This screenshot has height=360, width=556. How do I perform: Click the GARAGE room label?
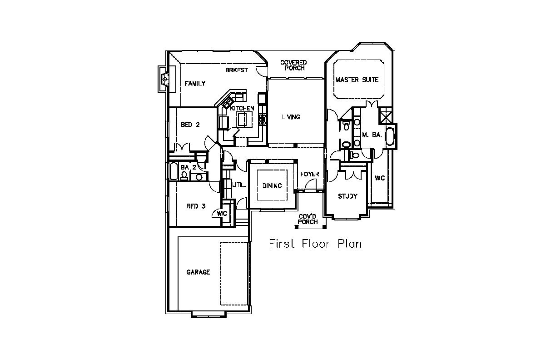[198, 272]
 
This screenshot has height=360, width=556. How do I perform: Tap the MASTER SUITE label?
[357, 80]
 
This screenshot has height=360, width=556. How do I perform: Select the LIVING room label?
[291, 117]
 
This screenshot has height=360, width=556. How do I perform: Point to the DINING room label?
[272, 186]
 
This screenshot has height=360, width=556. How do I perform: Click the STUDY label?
[347, 196]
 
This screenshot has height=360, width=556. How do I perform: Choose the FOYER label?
[309, 175]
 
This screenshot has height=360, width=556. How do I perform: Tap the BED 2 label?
[190, 125]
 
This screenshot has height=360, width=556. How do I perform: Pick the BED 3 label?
[196, 206]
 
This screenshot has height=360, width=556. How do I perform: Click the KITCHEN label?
[242, 108]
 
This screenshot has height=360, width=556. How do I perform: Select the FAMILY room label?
[195, 84]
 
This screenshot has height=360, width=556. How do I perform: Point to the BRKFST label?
[237, 70]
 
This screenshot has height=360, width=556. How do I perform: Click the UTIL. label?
[239, 185]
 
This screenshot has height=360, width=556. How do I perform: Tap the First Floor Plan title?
[315, 244]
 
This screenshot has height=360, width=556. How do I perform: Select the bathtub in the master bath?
[390, 136]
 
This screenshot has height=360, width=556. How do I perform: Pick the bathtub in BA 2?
[174, 171]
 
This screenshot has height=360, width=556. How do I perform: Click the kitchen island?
[244, 120]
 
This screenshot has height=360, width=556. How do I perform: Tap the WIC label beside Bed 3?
[222, 214]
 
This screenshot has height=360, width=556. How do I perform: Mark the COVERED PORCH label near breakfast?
[293, 65]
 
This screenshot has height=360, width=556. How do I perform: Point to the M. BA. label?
[372, 135]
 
